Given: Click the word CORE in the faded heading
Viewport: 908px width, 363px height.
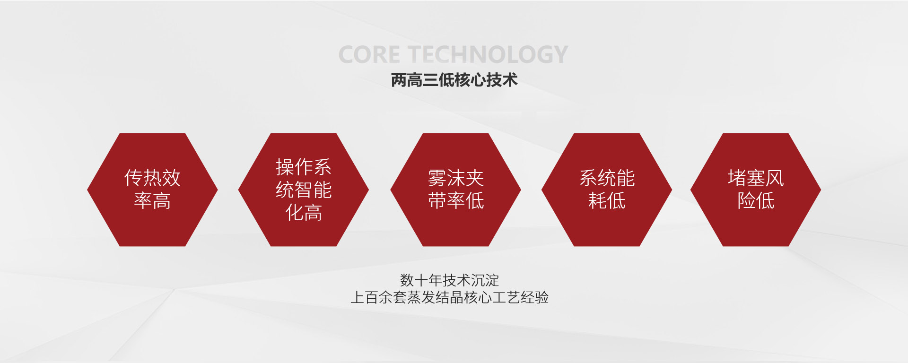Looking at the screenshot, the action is coord(369,55).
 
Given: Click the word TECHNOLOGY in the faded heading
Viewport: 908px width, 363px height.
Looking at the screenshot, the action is coord(488,55).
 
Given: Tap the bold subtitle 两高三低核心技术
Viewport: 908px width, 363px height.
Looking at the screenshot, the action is coord(454,80).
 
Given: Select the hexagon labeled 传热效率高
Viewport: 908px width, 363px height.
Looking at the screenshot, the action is coord(152,190).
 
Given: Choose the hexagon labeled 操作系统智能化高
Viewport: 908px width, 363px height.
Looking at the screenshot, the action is coord(304,190).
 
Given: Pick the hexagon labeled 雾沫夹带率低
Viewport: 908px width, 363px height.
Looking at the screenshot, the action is coord(455,190).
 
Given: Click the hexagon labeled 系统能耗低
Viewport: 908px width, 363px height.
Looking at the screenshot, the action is coord(607,190).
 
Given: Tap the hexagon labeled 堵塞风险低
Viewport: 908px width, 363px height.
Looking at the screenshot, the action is coord(756,190).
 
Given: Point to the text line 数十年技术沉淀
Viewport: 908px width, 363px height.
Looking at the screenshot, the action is coord(449,280).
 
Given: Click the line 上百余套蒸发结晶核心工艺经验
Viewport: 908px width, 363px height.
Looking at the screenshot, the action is coord(449,297).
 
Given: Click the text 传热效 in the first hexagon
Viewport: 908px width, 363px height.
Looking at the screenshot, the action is coord(152,178).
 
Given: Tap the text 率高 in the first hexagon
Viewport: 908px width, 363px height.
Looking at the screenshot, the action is coord(152,201).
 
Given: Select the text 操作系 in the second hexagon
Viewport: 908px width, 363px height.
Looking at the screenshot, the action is coord(304,167).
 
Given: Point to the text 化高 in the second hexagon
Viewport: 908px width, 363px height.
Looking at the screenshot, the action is coord(304,213).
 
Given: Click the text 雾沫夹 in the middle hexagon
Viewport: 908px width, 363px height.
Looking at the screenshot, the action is coord(455,178).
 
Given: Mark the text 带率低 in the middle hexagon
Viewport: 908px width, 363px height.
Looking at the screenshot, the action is coord(455,201).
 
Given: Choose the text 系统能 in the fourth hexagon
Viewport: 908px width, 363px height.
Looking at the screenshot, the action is coord(607,178).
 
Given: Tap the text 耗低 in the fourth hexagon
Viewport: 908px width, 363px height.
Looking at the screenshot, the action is coord(607,201).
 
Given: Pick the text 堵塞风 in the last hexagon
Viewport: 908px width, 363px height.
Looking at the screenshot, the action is coord(756,178).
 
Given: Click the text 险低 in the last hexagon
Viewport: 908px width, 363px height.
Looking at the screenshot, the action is coord(756,201).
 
